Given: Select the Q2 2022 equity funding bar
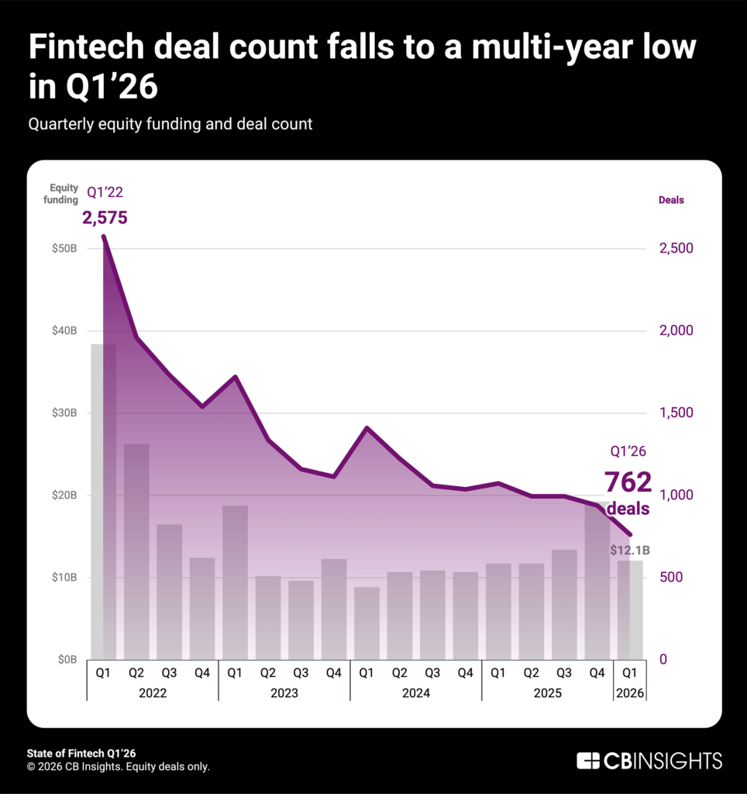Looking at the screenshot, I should tap(136, 551).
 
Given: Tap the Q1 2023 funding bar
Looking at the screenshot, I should tap(235, 582).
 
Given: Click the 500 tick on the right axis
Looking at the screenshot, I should tap(671, 578).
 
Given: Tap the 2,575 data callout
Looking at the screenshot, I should tap(105, 218).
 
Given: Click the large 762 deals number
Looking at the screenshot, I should tap(628, 482).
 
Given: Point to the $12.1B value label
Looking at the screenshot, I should tap(629, 551).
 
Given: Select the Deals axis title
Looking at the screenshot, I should tap(671, 200).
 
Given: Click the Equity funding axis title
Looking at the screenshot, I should tap(64, 194).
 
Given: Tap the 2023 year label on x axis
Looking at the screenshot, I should tap(284, 692).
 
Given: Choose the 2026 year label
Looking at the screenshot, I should tap(629, 692).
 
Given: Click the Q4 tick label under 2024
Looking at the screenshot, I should tap(465, 672).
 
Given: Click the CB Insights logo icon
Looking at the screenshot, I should tap(588, 760).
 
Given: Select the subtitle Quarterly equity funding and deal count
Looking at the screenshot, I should tap(170, 124).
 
